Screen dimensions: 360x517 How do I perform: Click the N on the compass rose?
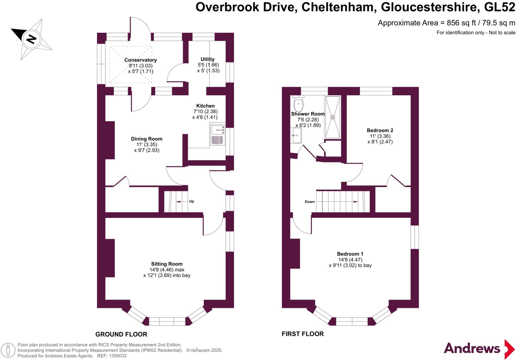(31, 39)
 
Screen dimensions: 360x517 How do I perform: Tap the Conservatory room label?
(140, 60)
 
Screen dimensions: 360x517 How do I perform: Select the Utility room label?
(208, 59)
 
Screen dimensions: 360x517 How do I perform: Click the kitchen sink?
(217, 130)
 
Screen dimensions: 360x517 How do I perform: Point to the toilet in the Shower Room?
(298, 104)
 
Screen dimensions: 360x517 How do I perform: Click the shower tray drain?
(332, 117)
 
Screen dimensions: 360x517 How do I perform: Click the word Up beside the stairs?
(192, 201)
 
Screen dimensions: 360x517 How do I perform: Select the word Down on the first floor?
(309, 202)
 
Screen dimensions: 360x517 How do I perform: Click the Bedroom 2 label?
(380, 130)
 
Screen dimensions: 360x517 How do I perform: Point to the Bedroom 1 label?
(350, 254)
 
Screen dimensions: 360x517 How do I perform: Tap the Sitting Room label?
(167, 264)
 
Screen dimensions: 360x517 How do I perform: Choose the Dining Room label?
(146, 139)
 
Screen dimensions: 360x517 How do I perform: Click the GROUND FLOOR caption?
(121, 334)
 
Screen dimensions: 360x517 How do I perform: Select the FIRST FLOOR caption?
(303, 334)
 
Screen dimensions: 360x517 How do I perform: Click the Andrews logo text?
(472, 349)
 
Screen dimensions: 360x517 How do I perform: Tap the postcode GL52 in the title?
(500, 7)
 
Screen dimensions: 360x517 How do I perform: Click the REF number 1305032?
(118, 356)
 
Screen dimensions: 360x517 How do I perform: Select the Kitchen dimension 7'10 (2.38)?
(205, 112)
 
